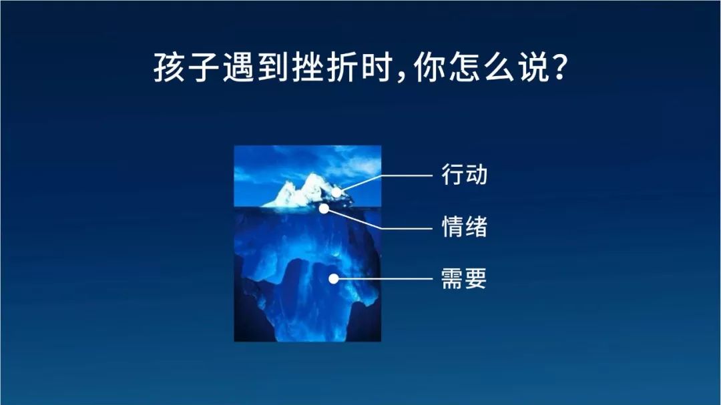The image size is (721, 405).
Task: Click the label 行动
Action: pos(464,175)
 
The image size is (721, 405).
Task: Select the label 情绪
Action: pos(464,227)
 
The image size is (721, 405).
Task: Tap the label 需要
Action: pos(463,279)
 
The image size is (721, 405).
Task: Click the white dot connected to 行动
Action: pos(336,192)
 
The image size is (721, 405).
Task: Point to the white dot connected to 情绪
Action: pos(324,209)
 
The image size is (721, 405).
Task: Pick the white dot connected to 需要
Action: pos(334,279)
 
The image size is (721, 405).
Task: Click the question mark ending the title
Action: pos(559,68)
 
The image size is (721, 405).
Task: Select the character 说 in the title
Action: pos(535,67)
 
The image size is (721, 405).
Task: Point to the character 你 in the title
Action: pos(429,67)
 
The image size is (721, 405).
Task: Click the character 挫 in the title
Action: pos(308,67)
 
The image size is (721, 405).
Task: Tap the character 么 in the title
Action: pos(500,67)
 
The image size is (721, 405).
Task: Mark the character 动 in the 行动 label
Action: pos(476,175)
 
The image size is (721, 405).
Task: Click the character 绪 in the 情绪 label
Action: pos(476,227)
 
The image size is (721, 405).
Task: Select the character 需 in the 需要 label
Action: pos(452,279)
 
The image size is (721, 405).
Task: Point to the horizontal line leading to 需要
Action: pos(383,279)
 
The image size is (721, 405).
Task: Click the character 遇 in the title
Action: pos(238,67)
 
